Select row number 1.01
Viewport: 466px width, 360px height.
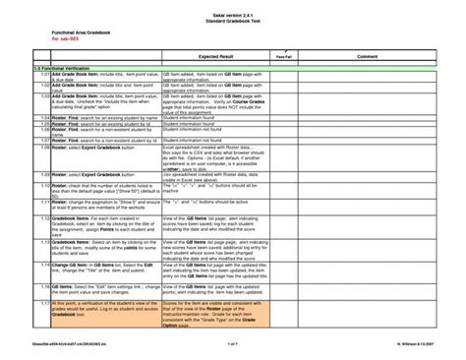43,74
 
